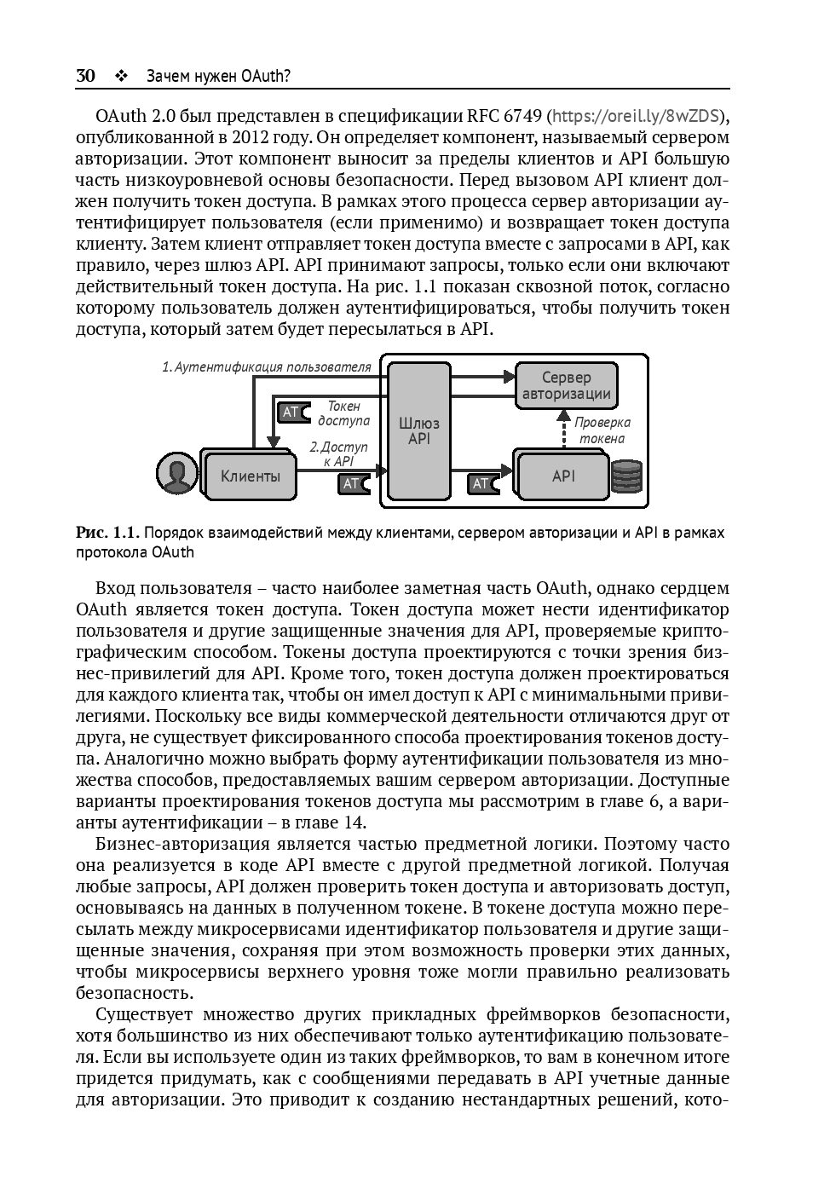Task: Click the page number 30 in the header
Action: (85, 76)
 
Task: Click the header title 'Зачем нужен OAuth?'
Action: (218, 76)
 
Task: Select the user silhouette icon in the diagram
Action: (176, 474)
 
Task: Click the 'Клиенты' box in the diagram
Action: (250, 476)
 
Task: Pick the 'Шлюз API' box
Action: (418, 430)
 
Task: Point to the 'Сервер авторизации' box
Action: (566, 385)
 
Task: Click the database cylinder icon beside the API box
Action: (627, 476)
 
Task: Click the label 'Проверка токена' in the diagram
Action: (602, 430)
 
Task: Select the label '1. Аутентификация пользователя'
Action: (267, 367)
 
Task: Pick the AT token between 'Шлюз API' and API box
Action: (482, 484)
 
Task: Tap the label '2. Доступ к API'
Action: (338, 453)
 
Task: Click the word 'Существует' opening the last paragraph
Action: (138, 1014)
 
